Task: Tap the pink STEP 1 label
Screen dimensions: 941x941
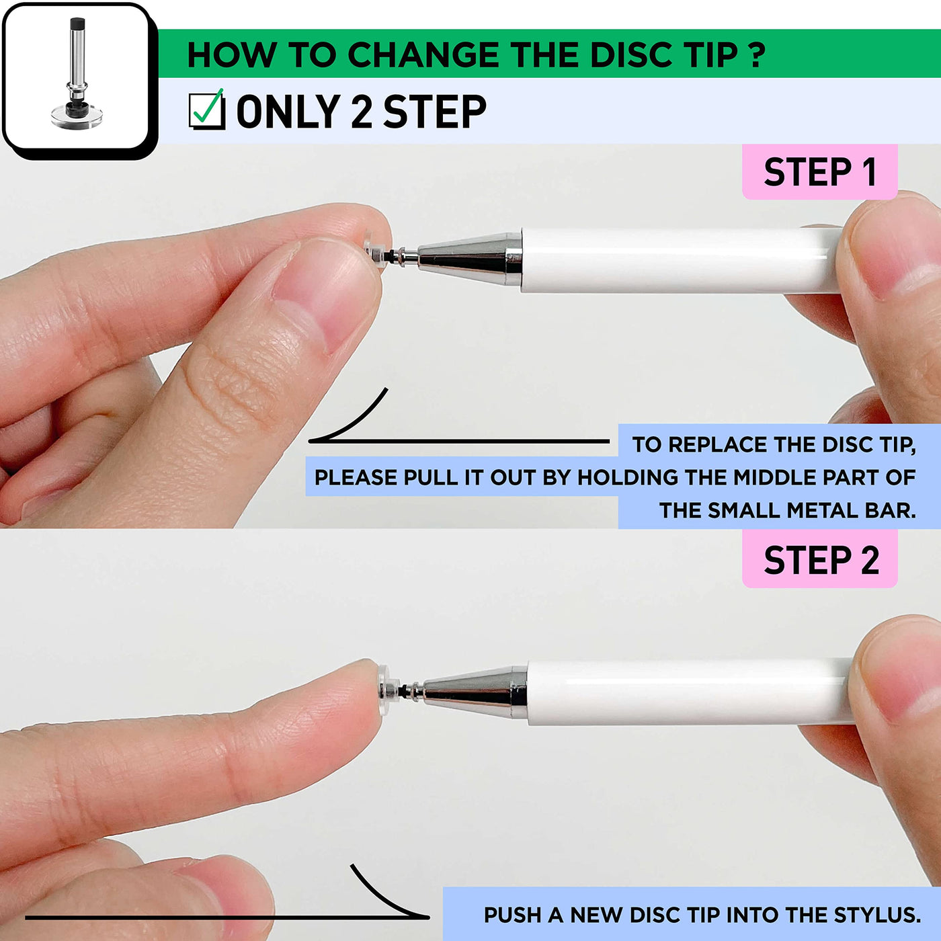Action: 819,171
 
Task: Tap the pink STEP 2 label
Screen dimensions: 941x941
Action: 819,560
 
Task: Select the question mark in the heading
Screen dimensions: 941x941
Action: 756,54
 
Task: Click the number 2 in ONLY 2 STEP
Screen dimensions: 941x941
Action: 362,111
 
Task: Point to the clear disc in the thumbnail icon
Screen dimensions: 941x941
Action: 77,117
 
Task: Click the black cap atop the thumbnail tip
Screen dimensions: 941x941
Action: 78,24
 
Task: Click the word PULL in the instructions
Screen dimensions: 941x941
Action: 430,477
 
